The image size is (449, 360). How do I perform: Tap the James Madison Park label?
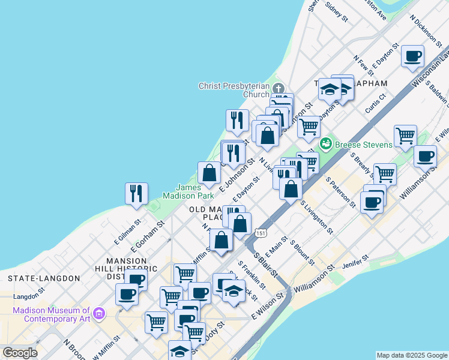pos(188,191)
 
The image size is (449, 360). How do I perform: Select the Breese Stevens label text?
pos(364,145)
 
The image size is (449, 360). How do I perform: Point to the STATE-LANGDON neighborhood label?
pos(44,278)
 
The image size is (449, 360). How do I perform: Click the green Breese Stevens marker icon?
pos(326,144)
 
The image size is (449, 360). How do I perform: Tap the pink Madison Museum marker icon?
pos(100,313)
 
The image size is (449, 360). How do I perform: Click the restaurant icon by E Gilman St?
pos(136,193)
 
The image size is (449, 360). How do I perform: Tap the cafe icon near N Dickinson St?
pos(412,56)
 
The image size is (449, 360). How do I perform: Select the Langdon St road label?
pos(26,296)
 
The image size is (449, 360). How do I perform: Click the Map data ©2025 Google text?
pos(411,355)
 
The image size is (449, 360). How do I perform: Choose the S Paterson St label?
pos(340,192)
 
